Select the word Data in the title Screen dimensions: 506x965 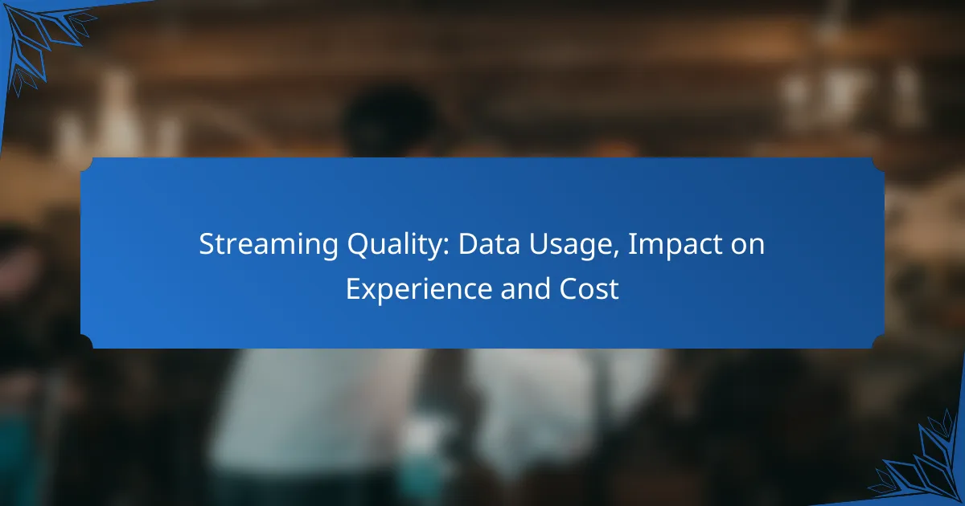(484, 245)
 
